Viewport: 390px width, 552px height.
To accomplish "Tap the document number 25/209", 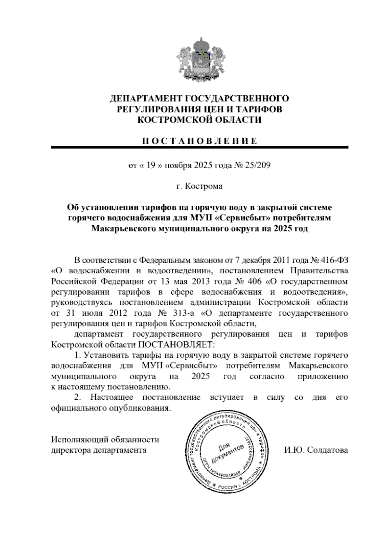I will tap(258, 165).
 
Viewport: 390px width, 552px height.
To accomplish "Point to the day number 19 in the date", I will tap(149, 165).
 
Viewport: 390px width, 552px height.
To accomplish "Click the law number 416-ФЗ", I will tap(335, 261).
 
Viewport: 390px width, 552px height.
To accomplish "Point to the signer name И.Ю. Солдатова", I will tap(316, 450).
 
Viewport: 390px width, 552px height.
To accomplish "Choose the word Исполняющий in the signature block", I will tap(77, 439).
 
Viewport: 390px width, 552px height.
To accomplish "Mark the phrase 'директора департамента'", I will tap(99, 450).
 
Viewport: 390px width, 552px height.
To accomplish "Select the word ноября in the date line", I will tap(178, 165).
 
